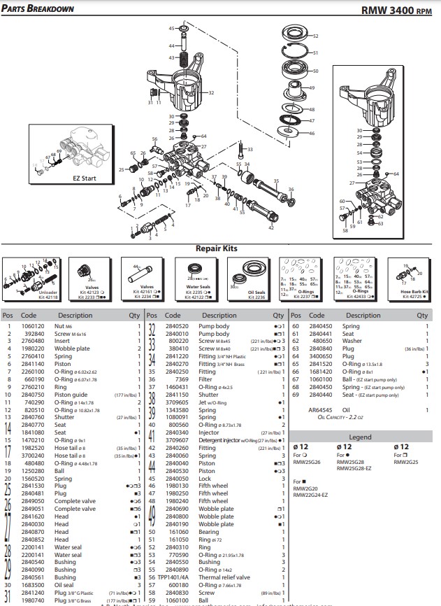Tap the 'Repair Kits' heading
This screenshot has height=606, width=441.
coord(216,248)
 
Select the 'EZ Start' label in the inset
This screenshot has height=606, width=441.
coord(83,178)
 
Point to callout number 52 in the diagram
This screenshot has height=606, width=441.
coord(315,36)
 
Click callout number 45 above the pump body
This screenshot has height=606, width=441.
coord(171,28)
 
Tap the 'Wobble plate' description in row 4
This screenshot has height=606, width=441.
coord(73,348)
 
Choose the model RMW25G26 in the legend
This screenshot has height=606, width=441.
coord(307,462)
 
